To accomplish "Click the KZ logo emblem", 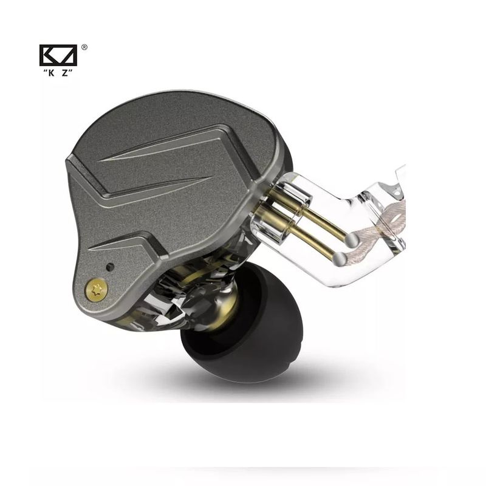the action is point(58,55).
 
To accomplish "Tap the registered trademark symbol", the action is point(84,47).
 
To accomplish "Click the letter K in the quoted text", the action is point(51,73).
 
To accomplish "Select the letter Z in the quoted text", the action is point(65,73).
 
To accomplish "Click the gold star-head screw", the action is point(97,290).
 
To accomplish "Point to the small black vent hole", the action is point(110,267).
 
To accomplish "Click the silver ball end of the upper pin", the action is point(352,240).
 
